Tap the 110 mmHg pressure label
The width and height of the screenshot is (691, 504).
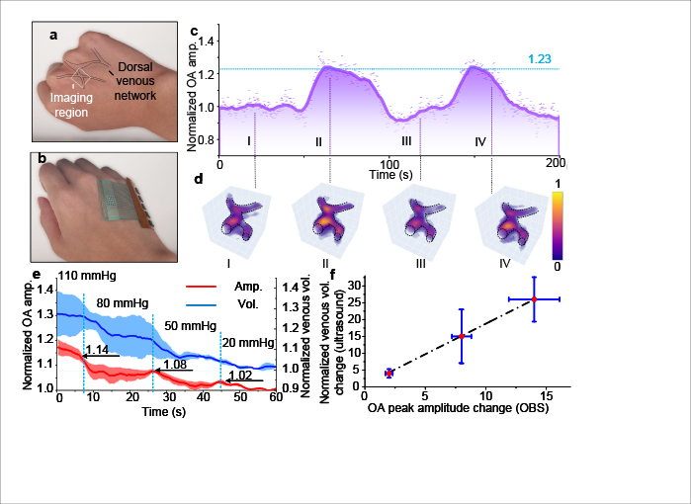tap(82, 274)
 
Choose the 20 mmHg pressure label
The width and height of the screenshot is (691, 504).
tap(243, 342)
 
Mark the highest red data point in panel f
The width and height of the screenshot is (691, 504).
tap(534, 298)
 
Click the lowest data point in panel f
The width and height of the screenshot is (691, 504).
tap(389, 373)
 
